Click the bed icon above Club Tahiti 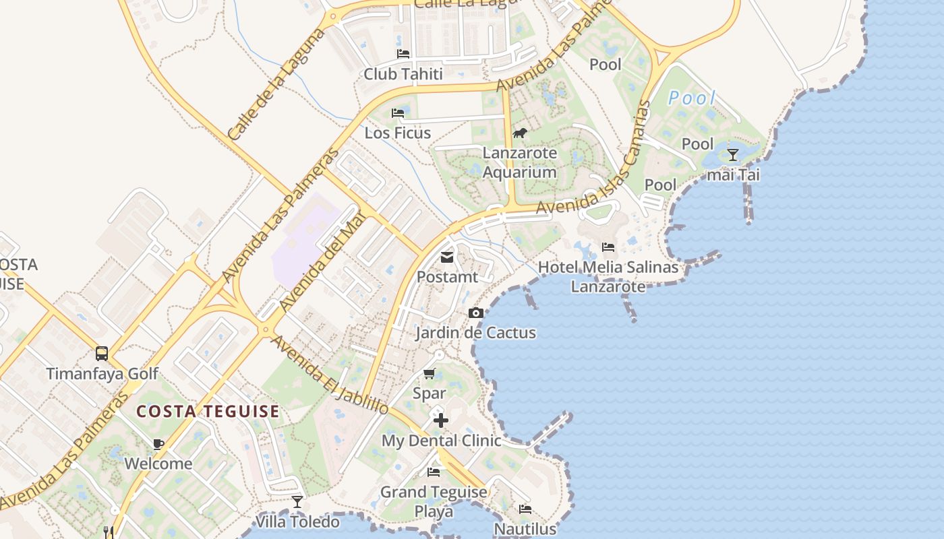point(403,54)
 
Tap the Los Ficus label point(398,133)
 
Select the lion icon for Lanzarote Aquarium point(520,133)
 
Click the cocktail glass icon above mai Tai point(733,155)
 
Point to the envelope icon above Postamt point(446,257)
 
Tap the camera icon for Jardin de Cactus point(475,313)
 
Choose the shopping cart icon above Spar point(429,373)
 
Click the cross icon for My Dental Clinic point(440,420)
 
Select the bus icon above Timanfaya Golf point(102,353)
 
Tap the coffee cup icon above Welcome point(158,444)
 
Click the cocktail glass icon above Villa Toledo point(297,502)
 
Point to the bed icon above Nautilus point(525,509)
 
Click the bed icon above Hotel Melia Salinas point(608,247)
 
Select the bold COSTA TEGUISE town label point(208,412)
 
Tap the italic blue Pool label point(691,98)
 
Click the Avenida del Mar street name point(323,260)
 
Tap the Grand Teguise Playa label point(434,501)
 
